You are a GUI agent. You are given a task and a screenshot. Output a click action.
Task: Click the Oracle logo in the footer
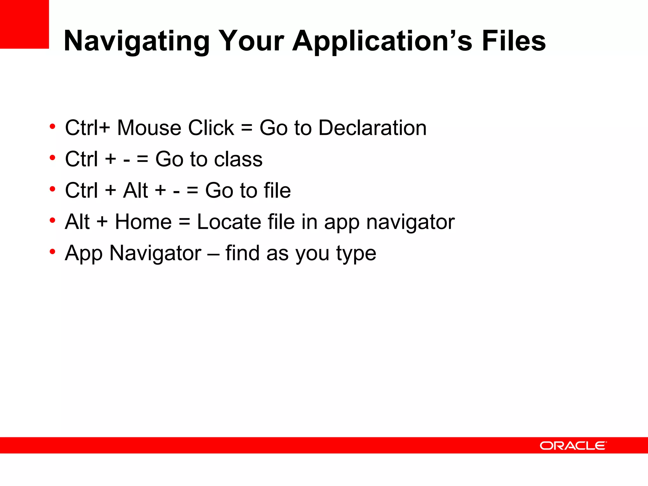[573, 445]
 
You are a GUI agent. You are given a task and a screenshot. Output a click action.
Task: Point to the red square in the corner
[24, 24]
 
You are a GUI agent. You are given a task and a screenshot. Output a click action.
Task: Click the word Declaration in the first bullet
[372, 128]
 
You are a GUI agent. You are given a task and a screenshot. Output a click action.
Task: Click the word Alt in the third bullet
[136, 190]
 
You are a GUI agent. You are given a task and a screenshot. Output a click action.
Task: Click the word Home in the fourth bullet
[143, 222]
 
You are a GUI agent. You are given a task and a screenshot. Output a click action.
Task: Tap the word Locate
[229, 222]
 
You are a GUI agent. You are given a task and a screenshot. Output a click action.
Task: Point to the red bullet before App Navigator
[53, 252]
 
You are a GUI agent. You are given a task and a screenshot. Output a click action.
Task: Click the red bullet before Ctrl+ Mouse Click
[53, 127]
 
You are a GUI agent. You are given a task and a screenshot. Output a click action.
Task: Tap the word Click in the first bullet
[211, 128]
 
